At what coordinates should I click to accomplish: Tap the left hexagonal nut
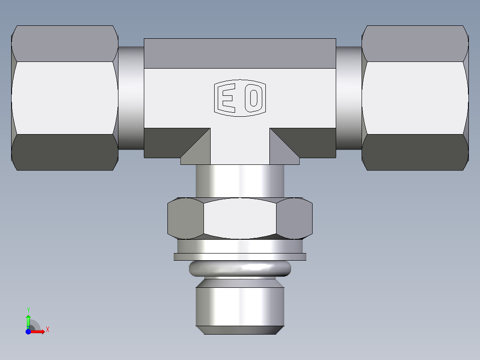pos(65,98)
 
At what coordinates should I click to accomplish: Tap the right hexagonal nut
pos(415,98)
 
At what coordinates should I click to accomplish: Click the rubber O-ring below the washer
pos(240,268)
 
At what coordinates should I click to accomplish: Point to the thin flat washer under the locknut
pos(240,257)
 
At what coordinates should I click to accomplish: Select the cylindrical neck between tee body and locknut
pos(240,180)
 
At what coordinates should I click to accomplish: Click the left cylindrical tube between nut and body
pos(131,98)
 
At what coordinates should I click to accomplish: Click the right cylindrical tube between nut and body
pos(349,98)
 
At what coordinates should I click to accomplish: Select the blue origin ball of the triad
pos(28,331)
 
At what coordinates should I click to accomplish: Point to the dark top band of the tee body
pos(240,53)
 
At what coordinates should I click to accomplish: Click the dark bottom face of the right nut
pos(415,152)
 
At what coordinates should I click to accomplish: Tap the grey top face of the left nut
pos(65,44)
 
